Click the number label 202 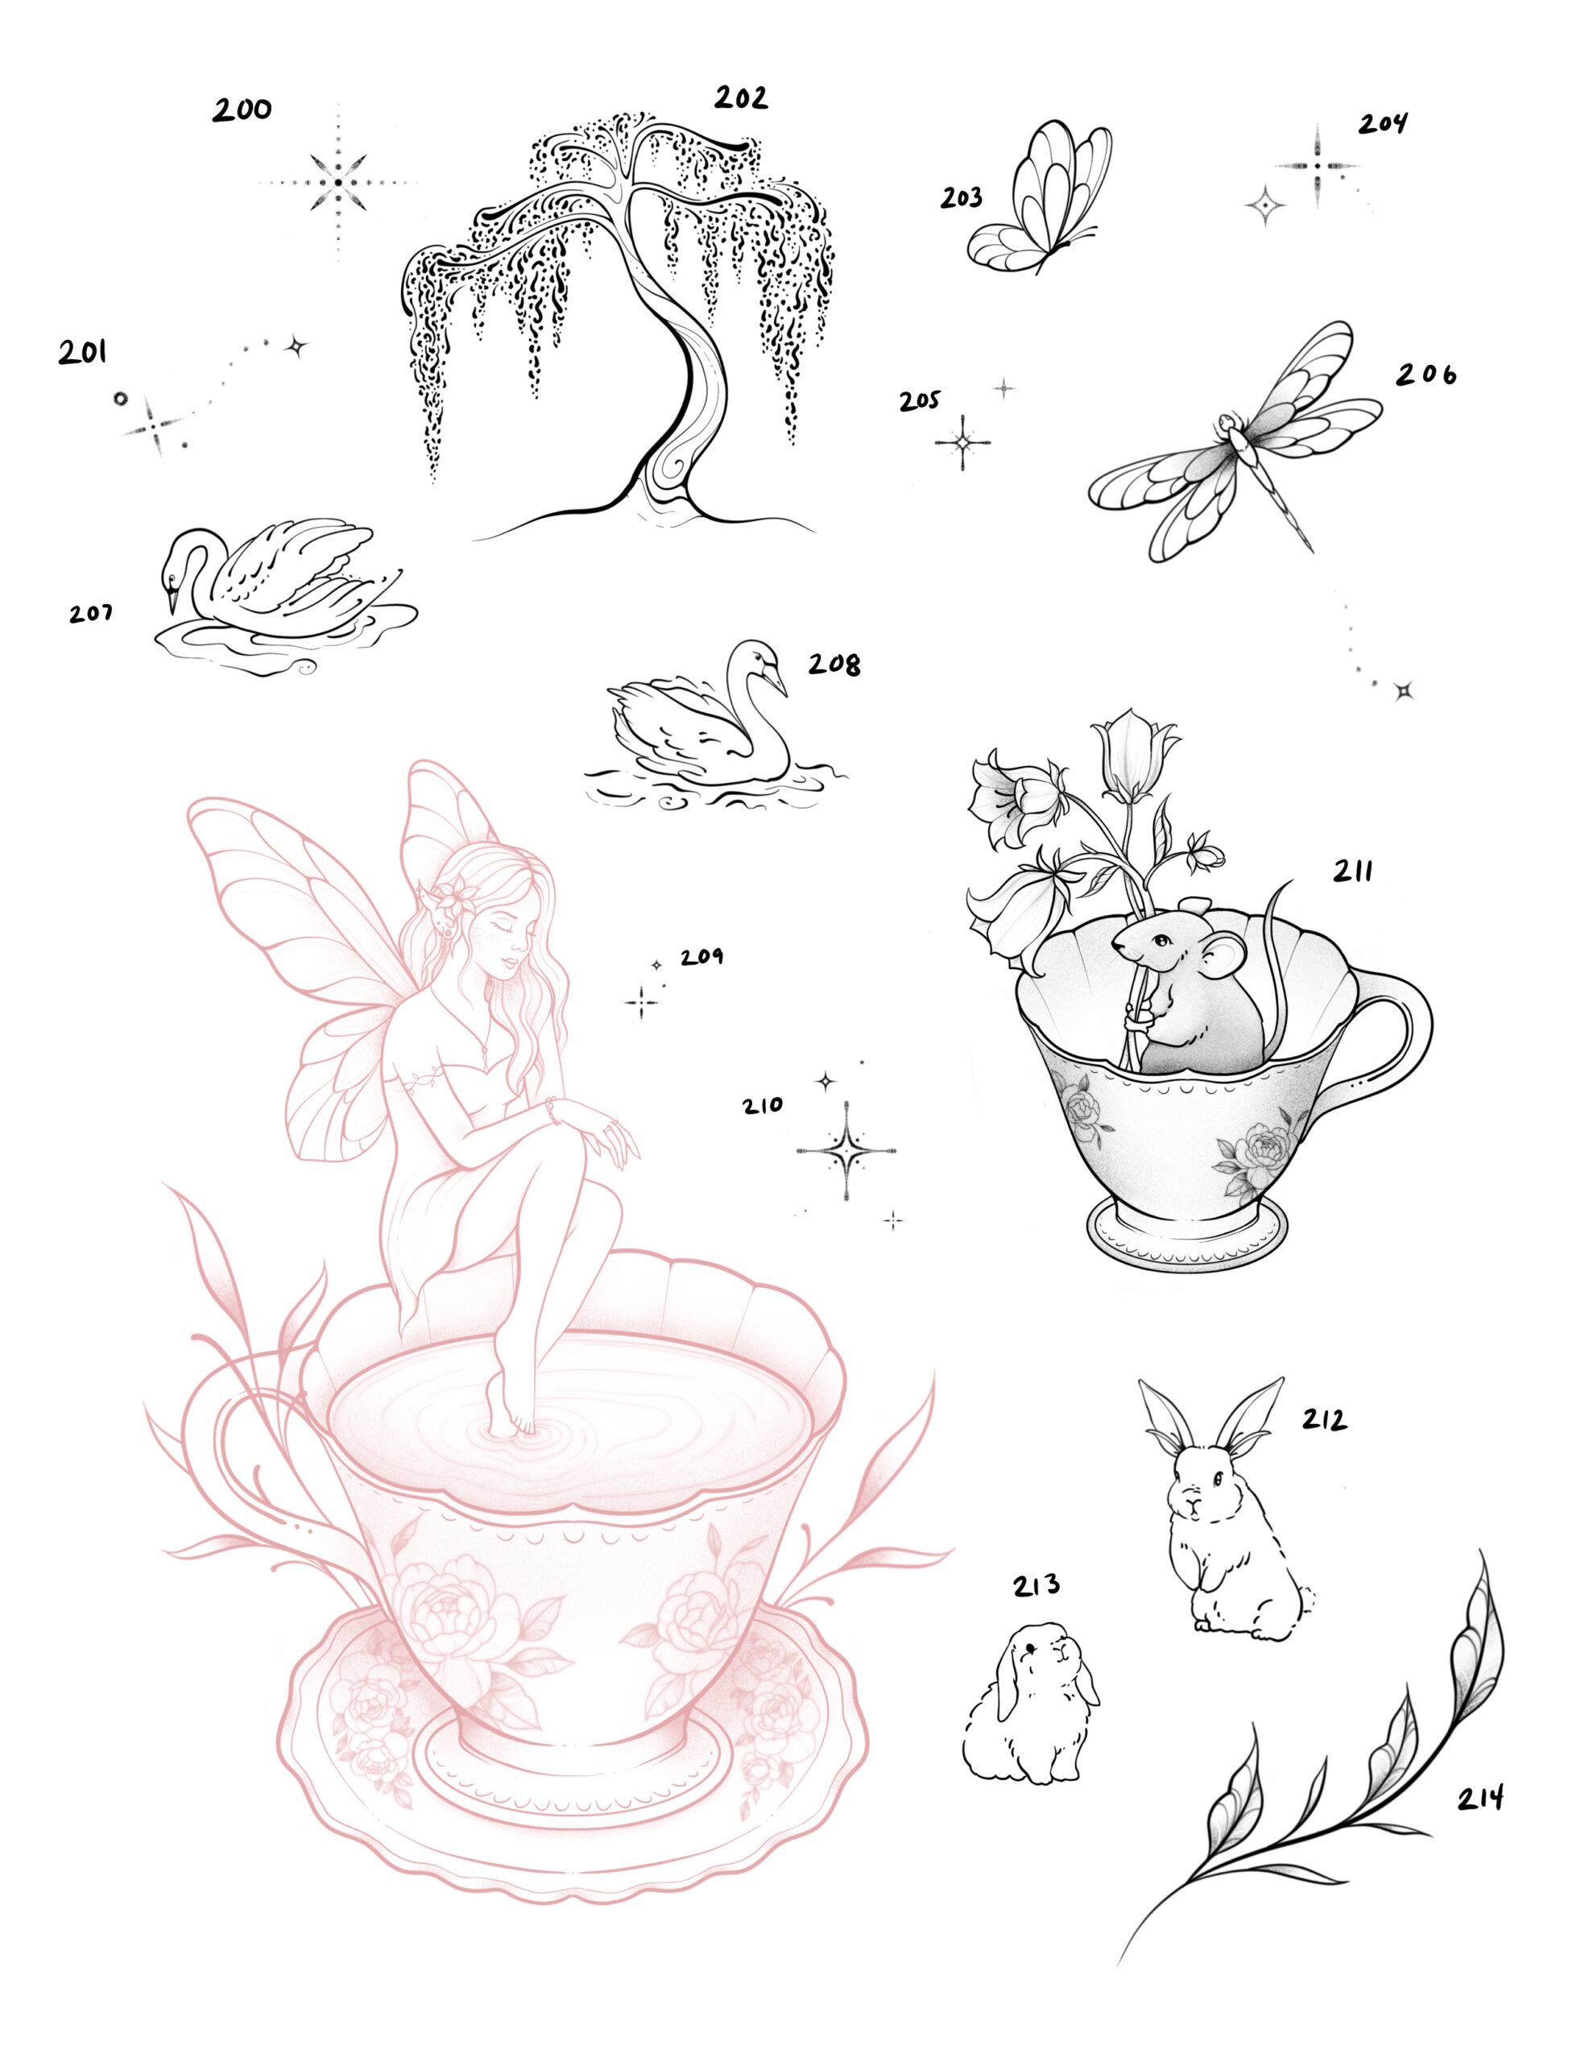coord(740,98)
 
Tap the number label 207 coord(91,614)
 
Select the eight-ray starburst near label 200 coord(337,181)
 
